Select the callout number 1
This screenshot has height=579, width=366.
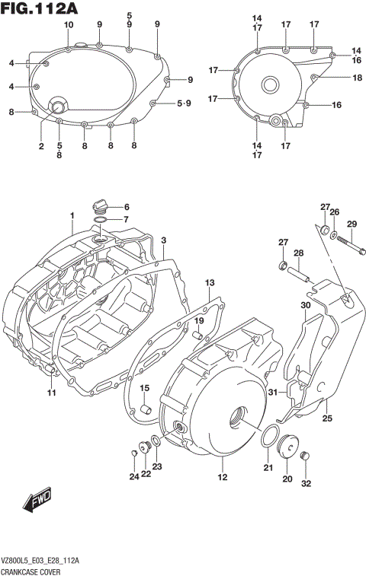pyautogui.click(x=72, y=215)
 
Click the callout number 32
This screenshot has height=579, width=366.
pyautogui.click(x=307, y=483)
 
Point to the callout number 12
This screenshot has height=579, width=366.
pyautogui.click(x=223, y=478)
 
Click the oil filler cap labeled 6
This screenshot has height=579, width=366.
pyautogui.click(x=99, y=205)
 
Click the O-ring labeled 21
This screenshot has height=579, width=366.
pyautogui.click(x=268, y=437)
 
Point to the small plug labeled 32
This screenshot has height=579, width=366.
pyautogui.click(x=306, y=457)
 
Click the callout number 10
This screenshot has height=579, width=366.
pyautogui.click(x=69, y=25)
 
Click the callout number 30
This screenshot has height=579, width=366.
pyautogui.click(x=305, y=306)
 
